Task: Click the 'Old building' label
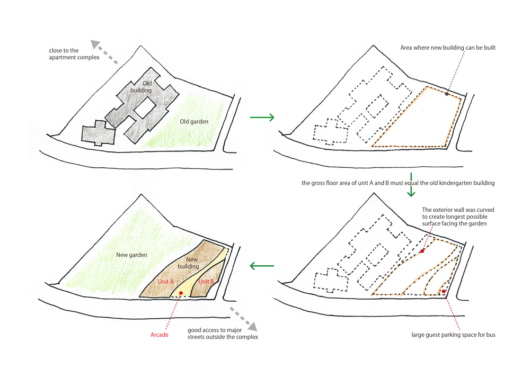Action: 142,87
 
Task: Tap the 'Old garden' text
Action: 194,122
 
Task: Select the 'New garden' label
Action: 131,255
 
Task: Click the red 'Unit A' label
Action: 165,282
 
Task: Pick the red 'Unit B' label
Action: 206,282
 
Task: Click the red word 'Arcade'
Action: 159,335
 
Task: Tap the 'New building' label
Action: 189,263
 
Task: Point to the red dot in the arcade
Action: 181,293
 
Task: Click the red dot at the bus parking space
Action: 444,291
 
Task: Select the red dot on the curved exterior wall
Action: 422,251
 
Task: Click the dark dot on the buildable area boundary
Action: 447,94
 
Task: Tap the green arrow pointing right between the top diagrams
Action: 262,118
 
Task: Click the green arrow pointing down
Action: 411,185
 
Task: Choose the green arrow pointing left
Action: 262,266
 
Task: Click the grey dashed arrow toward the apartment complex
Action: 104,52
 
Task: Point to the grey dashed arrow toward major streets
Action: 243,319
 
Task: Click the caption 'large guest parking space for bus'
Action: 453,335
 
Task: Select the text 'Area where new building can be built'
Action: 448,48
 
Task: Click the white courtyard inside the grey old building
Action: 145,107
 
